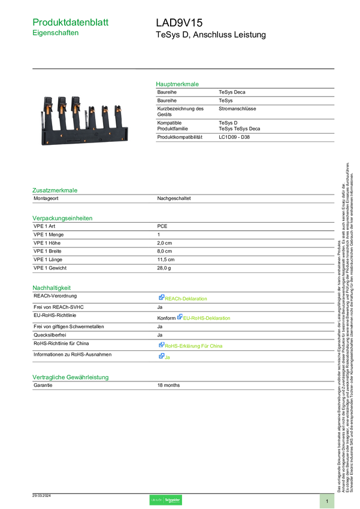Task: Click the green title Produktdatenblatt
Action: click(x=71, y=22)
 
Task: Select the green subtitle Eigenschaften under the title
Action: click(x=55, y=34)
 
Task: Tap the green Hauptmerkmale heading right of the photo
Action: click(x=177, y=84)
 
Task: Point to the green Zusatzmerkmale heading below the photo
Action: click(x=55, y=190)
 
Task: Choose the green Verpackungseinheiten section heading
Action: click(x=62, y=218)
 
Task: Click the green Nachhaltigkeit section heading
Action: click(x=52, y=287)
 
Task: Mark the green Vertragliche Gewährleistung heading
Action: click(x=70, y=377)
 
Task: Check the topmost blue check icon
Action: click(x=161, y=298)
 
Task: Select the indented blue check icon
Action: click(x=179, y=317)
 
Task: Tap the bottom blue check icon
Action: click(x=161, y=356)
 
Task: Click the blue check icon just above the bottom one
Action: click(x=161, y=345)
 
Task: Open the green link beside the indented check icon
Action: click(x=207, y=318)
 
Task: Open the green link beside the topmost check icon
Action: click(x=187, y=298)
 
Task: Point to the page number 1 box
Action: click(x=327, y=501)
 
